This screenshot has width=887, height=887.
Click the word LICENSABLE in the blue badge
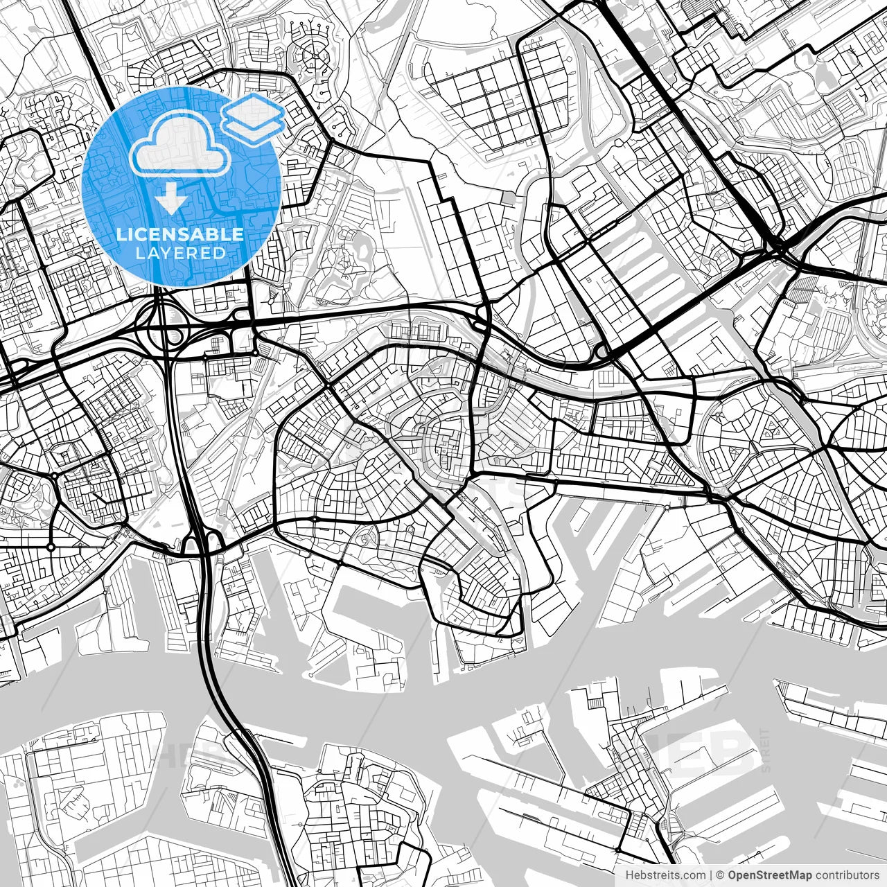[x=180, y=234]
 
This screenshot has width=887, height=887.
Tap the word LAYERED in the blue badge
[x=180, y=253]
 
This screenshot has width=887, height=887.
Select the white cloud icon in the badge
[x=181, y=142]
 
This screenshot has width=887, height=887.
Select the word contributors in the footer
[x=846, y=875]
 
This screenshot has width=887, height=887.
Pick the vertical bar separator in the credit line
[x=710, y=875]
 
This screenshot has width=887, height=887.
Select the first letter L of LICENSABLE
[x=121, y=234]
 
